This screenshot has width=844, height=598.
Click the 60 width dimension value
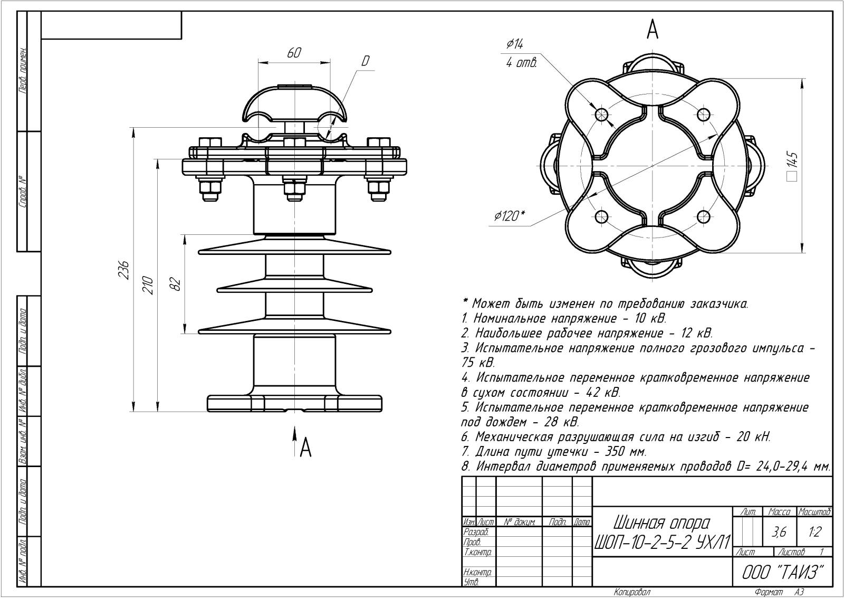pyautogui.click(x=294, y=53)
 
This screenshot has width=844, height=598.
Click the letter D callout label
pyautogui.click(x=365, y=61)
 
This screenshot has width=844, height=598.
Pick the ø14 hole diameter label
pyautogui.click(x=514, y=44)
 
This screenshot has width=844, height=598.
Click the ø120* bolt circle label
pyautogui.click(x=510, y=215)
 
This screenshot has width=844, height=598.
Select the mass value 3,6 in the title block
pyautogui.click(x=779, y=532)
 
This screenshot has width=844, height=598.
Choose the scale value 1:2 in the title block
pyautogui.click(x=814, y=532)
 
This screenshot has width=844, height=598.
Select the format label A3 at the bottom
pyautogui.click(x=799, y=592)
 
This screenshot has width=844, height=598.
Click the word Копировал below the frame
pyautogui.click(x=632, y=592)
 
